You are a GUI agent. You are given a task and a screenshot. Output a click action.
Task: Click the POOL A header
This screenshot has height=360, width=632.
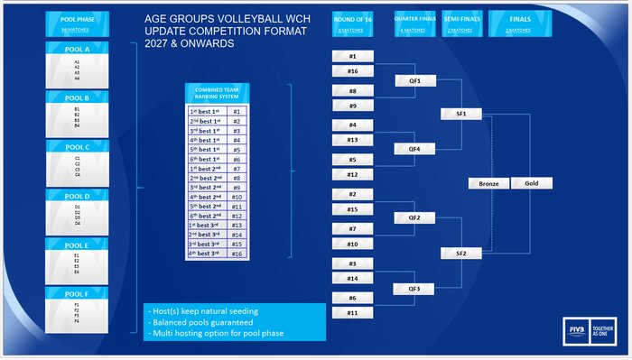pos(77,48)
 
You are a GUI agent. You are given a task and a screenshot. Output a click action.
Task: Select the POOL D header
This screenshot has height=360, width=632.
pos(77,196)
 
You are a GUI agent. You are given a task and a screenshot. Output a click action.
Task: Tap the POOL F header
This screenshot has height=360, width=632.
pos(77,293)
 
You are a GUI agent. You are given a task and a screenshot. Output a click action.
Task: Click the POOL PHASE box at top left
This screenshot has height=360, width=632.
pos(77,23)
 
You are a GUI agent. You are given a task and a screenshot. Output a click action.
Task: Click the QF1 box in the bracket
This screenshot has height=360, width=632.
pos(415,80)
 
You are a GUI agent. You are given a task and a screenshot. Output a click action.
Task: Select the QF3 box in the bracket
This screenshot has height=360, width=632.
pos(415,289)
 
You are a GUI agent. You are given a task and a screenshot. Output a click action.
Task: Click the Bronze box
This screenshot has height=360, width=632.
pos(488,183)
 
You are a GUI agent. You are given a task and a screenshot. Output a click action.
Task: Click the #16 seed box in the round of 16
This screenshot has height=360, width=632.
pos(353,70)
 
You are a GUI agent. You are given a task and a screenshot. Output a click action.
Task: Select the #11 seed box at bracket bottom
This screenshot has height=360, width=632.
pos(353,312)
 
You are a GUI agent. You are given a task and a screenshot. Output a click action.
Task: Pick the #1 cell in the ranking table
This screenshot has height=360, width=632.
pos(237,112)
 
